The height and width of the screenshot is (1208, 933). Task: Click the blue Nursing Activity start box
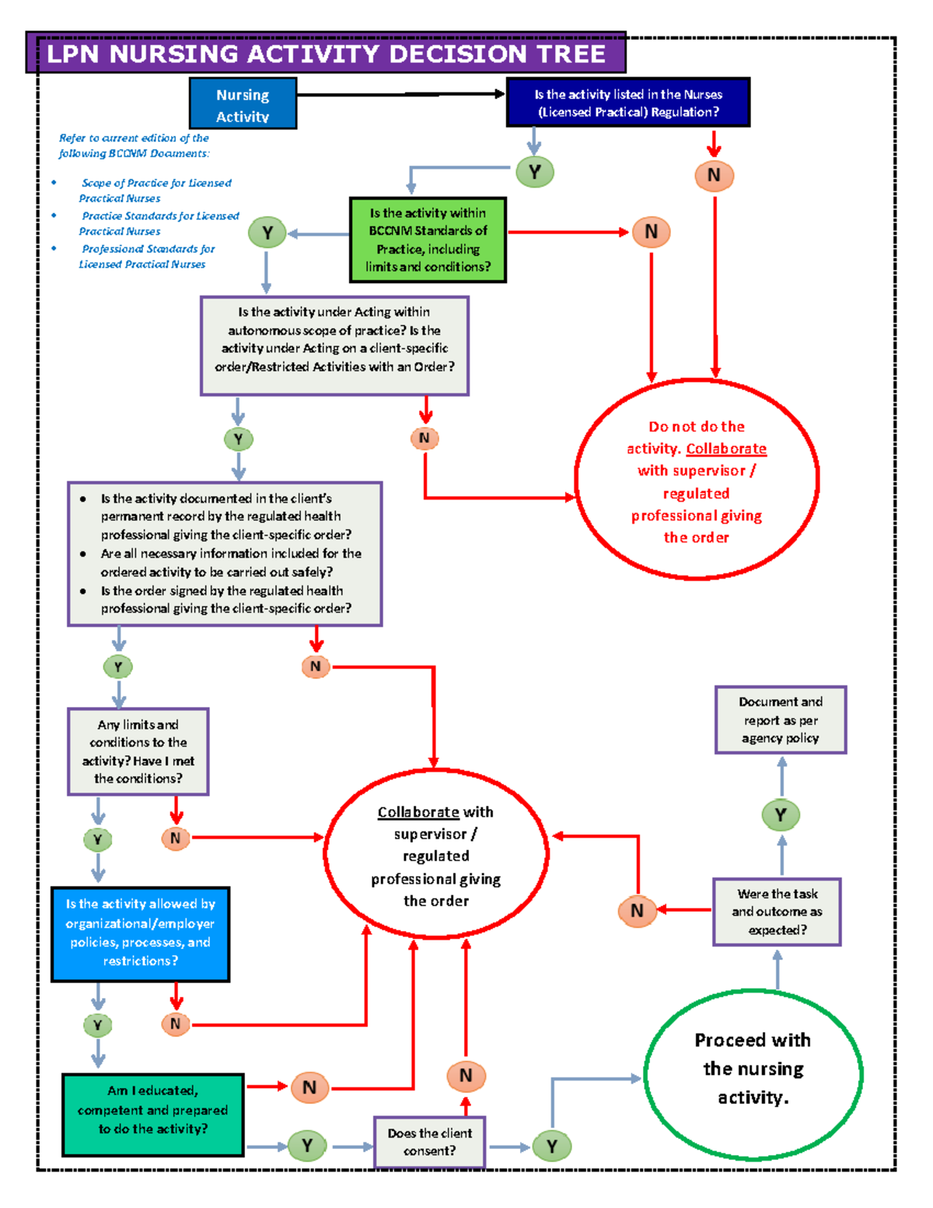click(x=243, y=104)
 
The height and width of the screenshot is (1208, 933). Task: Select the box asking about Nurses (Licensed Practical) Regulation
click(x=627, y=103)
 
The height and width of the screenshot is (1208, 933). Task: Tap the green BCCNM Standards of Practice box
click(x=428, y=240)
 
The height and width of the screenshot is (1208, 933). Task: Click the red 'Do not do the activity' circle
click(x=696, y=480)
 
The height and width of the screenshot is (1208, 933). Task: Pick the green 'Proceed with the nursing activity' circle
click(x=753, y=1074)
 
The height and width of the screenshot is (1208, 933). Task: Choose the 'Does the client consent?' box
click(x=429, y=1142)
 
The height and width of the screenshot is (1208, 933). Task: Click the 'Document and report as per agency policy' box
click(x=780, y=720)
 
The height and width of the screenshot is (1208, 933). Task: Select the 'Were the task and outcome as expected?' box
click(x=777, y=912)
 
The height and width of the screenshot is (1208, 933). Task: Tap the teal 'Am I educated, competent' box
click(x=152, y=1115)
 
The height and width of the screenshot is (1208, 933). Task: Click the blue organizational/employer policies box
click(x=140, y=933)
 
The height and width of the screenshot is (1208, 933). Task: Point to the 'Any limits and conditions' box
click(x=138, y=751)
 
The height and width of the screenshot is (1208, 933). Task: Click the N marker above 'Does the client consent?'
click(x=466, y=1075)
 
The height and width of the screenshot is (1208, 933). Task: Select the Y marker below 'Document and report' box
click(x=781, y=814)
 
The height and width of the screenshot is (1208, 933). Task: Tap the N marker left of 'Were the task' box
click(x=637, y=910)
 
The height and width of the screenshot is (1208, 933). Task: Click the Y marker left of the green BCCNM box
click(x=267, y=233)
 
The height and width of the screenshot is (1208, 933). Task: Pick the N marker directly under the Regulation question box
click(x=714, y=175)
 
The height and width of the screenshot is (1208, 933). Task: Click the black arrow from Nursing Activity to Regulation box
click(x=400, y=94)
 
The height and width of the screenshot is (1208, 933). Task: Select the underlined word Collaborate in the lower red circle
click(x=418, y=812)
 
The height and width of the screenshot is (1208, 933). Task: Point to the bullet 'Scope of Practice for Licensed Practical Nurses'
click(x=155, y=190)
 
